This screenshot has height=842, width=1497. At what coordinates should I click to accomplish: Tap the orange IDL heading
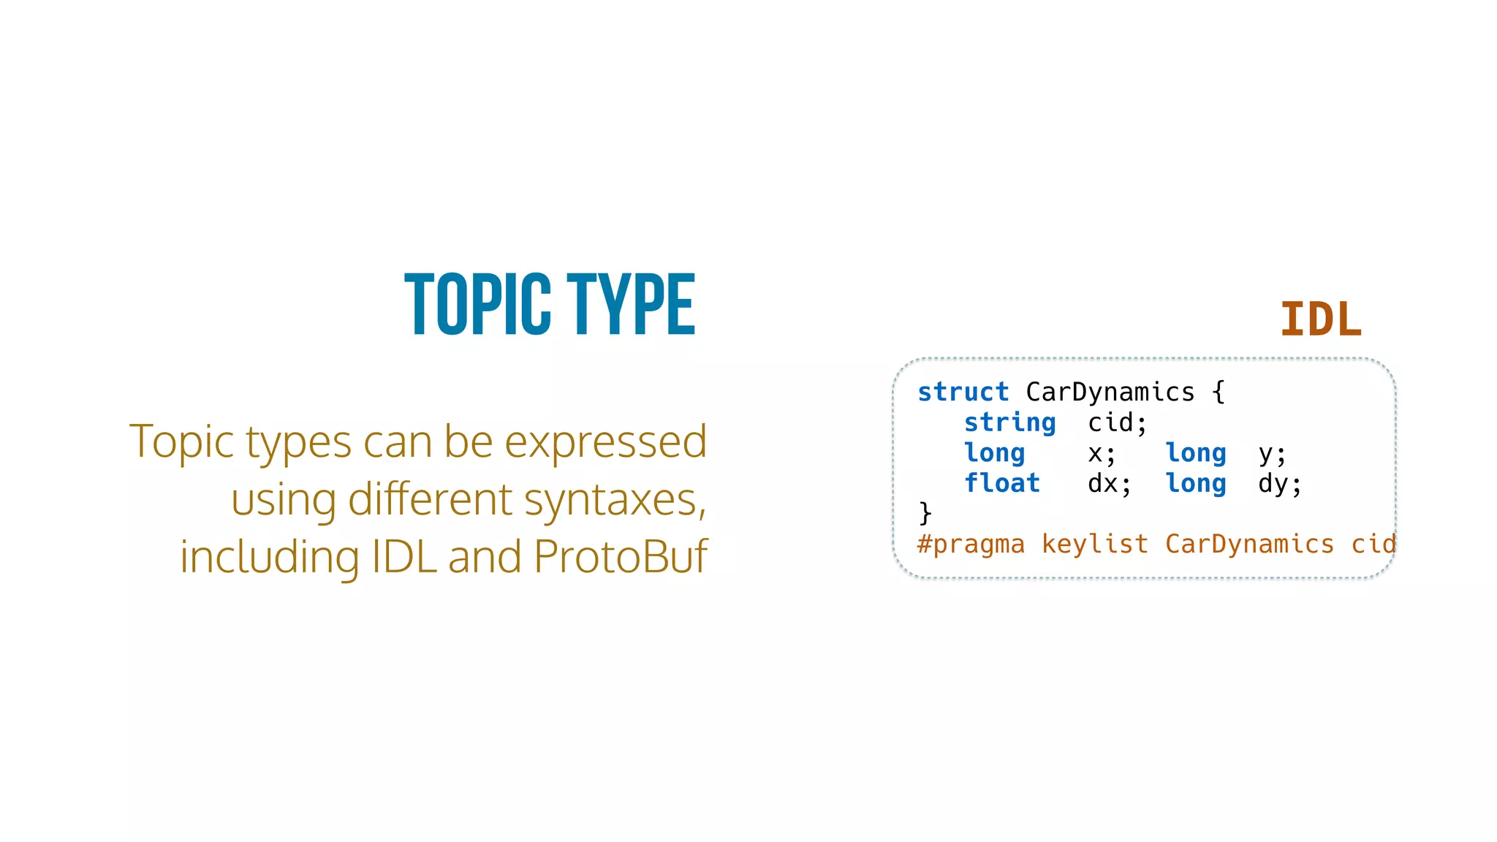pyautogui.click(x=1321, y=319)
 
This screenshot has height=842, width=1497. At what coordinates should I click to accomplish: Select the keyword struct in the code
pyautogui.click(x=963, y=392)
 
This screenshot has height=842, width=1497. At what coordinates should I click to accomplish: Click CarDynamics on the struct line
pyautogui.click(x=1110, y=392)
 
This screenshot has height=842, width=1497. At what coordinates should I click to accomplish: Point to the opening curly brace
pyautogui.click(x=1218, y=392)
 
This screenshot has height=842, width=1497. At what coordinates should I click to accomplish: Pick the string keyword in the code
pyautogui.click(x=1009, y=423)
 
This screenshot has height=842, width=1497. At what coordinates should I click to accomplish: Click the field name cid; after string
pyautogui.click(x=1117, y=423)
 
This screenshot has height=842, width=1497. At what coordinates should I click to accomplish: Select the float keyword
pyautogui.click(x=1001, y=484)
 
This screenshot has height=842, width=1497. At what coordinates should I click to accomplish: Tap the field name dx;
pyautogui.click(x=1109, y=484)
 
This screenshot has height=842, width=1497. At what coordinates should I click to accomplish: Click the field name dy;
pyautogui.click(x=1279, y=484)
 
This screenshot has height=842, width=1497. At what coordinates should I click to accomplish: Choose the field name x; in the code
pyautogui.click(x=1102, y=454)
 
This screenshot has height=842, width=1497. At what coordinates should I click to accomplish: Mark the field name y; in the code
pyautogui.click(x=1272, y=454)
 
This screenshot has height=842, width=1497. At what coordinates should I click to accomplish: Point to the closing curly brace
pyautogui.click(x=925, y=513)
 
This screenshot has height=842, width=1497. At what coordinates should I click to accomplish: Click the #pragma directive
pyautogui.click(x=971, y=545)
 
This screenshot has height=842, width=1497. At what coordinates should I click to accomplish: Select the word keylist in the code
pyautogui.click(x=1094, y=545)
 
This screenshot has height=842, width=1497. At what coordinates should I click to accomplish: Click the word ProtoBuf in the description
pyautogui.click(x=621, y=557)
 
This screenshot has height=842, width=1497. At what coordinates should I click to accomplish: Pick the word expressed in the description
pyautogui.click(x=605, y=442)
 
